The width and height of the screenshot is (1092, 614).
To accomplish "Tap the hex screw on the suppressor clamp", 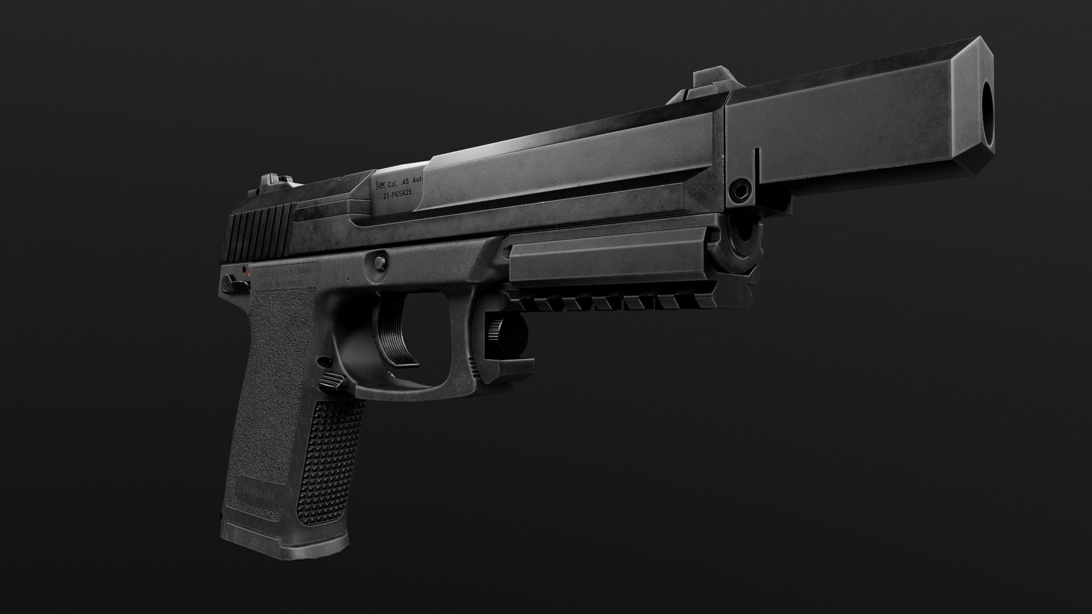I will [741, 189].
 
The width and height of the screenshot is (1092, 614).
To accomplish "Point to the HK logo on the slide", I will [380, 185].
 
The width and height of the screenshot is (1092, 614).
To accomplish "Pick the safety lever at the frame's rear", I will [229, 280].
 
